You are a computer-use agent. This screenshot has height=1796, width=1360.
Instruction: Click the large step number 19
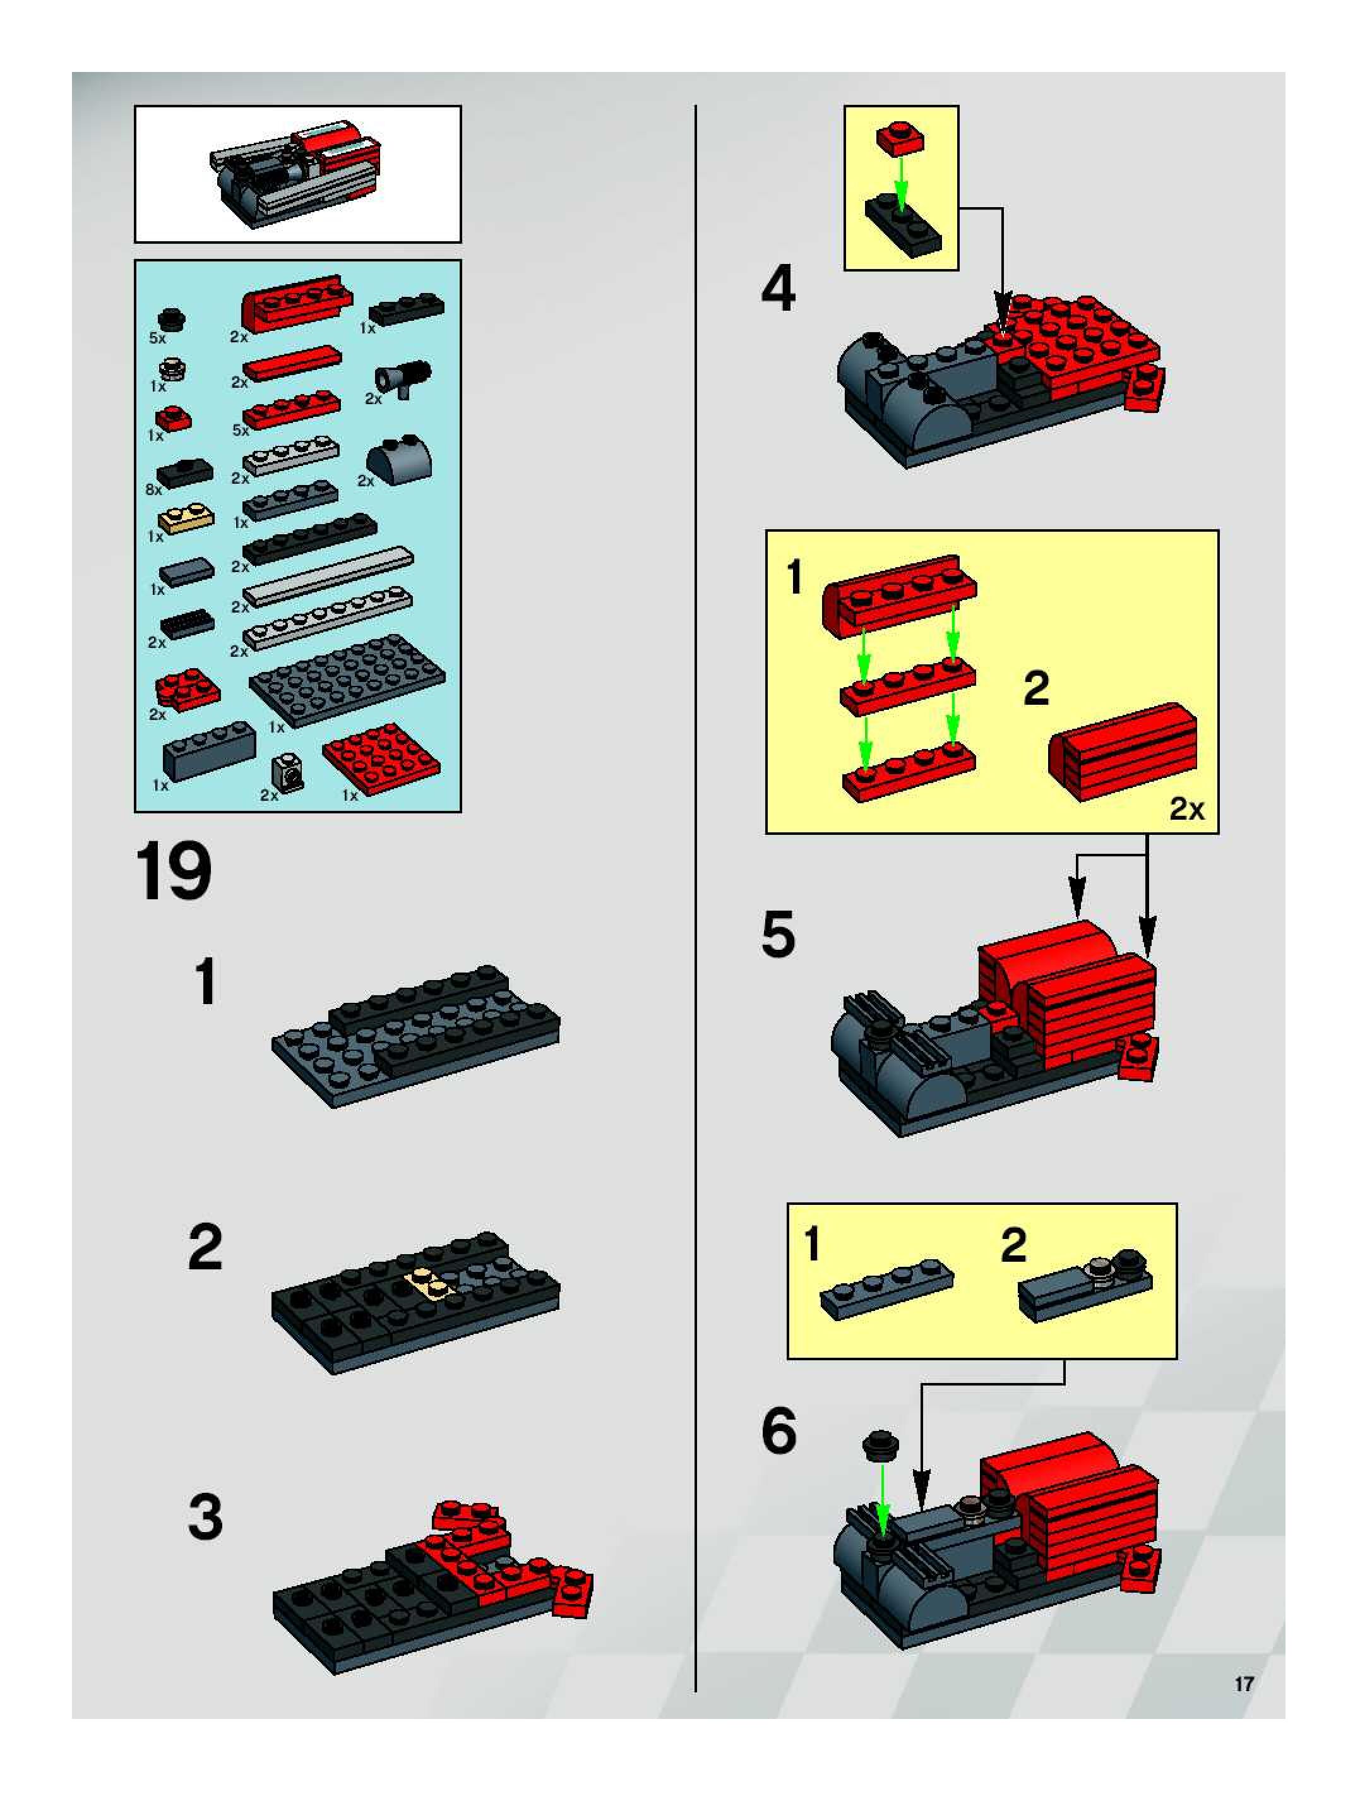click(x=173, y=872)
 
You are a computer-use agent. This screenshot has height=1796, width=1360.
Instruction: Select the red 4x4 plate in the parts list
click(x=381, y=758)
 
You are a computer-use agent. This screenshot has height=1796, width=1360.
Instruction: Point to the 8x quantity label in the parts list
click(x=153, y=489)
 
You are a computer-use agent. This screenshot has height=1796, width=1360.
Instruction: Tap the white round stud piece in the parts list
click(x=172, y=369)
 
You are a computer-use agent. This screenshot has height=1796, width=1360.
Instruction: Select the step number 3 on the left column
click(x=205, y=1518)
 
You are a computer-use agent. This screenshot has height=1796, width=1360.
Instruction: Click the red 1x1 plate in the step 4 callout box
click(x=900, y=138)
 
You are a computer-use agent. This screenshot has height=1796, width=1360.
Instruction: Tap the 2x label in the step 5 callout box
click(x=1186, y=809)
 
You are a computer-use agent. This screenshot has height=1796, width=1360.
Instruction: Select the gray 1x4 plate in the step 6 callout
click(x=886, y=1288)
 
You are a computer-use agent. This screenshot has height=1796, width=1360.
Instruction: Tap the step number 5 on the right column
click(x=778, y=935)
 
